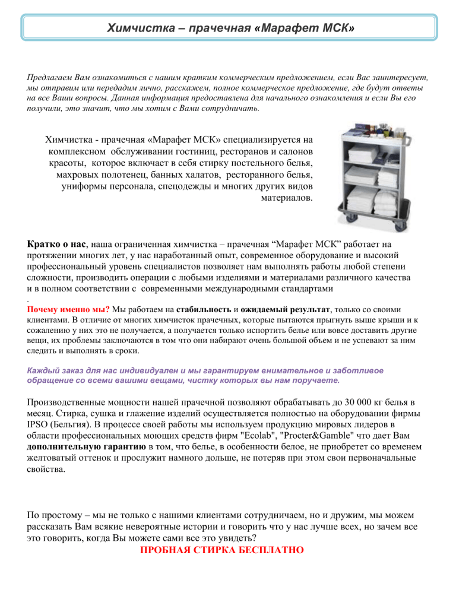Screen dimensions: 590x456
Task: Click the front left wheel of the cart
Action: tap(348, 224)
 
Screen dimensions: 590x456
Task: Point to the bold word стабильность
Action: tap(202, 309)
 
